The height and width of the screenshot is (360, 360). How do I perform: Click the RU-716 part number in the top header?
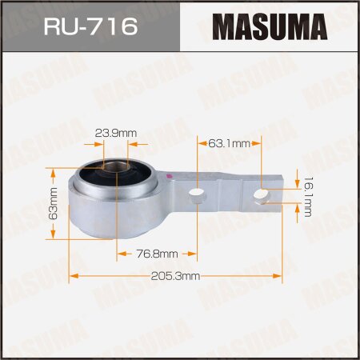pyautogui.click(x=90, y=27)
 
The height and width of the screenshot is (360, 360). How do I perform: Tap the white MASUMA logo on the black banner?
pyautogui.click(x=270, y=27)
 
